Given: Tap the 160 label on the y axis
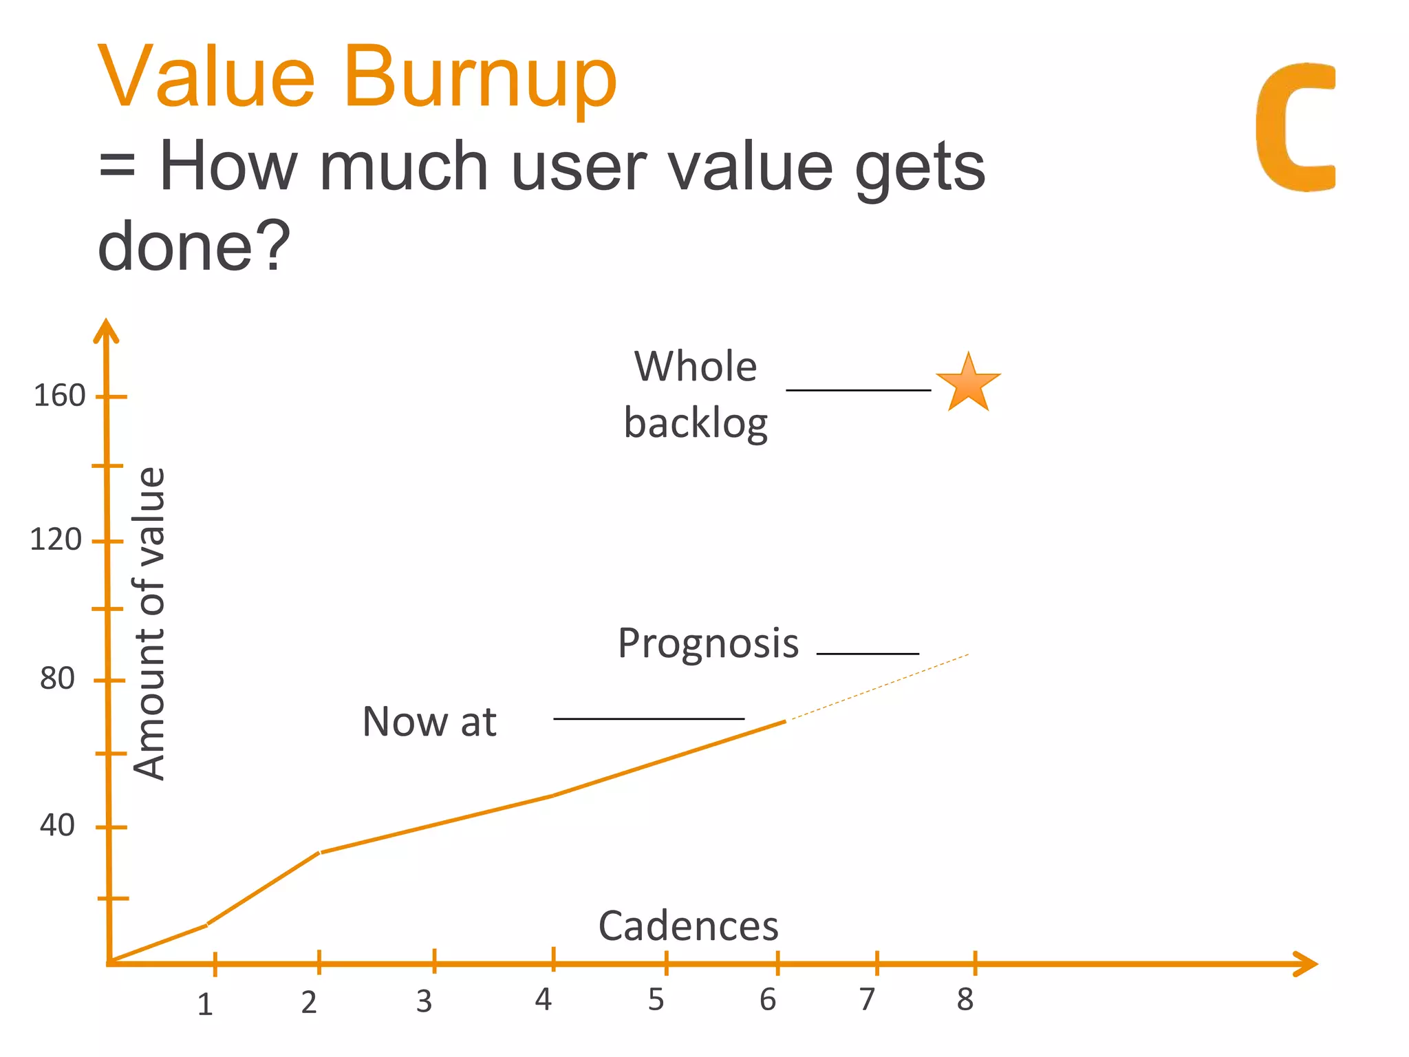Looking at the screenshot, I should (59, 396).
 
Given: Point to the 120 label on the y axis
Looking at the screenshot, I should (56, 540).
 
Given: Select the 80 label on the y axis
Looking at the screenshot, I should (57, 679).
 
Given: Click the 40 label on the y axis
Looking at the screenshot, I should (57, 825).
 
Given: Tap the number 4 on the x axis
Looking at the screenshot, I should (543, 1000).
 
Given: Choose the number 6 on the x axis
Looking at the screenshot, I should (768, 1000).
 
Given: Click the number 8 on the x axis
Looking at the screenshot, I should (965, 1000).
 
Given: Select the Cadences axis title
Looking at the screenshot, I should (688, 926).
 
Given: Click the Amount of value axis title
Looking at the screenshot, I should (149, 623).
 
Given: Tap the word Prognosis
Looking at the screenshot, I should (708, 644).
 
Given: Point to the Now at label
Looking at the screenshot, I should (429, 723).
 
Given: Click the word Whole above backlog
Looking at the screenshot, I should (696, 367).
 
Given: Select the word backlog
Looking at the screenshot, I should (696, 424).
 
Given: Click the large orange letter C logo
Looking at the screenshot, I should (1293, 127).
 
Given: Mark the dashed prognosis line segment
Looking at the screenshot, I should (877, 687).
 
